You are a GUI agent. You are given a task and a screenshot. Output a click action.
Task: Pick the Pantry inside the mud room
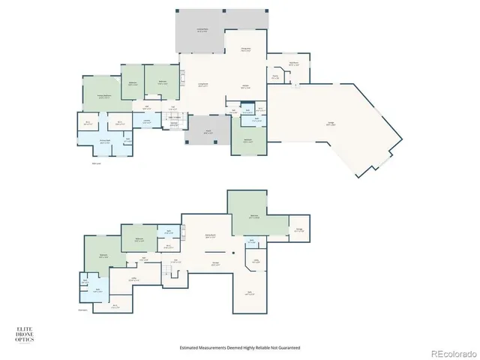tap(275, 76)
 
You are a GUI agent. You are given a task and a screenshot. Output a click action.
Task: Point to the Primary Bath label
tap(105, 141)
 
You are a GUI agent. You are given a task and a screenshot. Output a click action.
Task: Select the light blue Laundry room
tap(147, 121)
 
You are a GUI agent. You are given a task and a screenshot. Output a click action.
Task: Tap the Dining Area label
tap(245, 50)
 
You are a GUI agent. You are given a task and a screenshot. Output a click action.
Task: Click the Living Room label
tap(202, 85)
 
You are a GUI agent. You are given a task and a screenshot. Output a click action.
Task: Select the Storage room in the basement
tap(299, 230)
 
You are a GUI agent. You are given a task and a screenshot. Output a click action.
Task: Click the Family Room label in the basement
tap(211, 236)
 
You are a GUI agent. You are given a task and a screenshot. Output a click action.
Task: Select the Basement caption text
tap(82, 309)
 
